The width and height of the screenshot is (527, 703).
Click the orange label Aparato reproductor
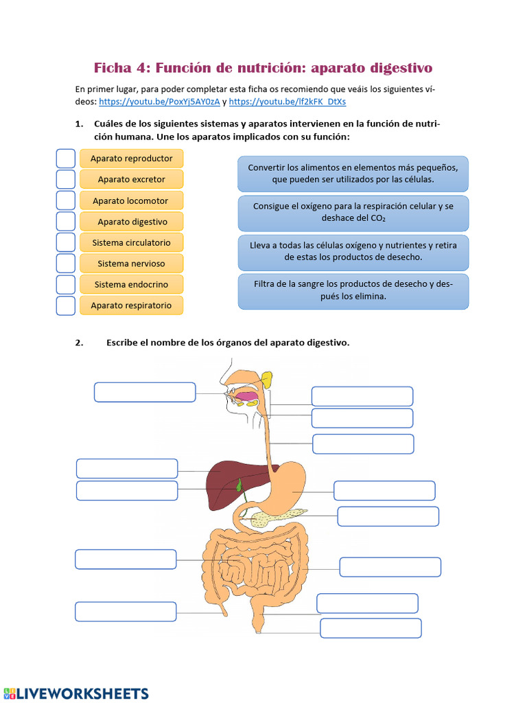coord(132,159)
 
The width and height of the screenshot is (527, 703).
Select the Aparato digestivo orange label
coord(132,222)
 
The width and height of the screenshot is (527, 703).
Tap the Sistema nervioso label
coord(131,264)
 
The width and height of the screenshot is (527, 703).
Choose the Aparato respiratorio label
coord(132,306)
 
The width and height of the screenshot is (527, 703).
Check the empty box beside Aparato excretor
coord(65,180)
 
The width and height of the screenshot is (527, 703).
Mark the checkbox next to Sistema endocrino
coord(65,284)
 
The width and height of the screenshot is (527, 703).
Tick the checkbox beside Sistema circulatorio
coord(65,242)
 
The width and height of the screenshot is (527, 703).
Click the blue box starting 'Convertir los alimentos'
coord(353,174)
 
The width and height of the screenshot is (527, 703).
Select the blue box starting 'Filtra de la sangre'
coord(353,291)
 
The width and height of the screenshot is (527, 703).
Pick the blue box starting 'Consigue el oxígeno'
coord(353,213)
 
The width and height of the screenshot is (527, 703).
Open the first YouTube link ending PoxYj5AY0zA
coord(159,102)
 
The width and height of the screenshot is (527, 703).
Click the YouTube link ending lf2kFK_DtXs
coord(288,102)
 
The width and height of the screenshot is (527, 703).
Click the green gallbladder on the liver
coord(239,485)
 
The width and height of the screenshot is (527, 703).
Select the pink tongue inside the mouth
coord(246,395)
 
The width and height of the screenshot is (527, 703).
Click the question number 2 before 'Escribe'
coord(78,343)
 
